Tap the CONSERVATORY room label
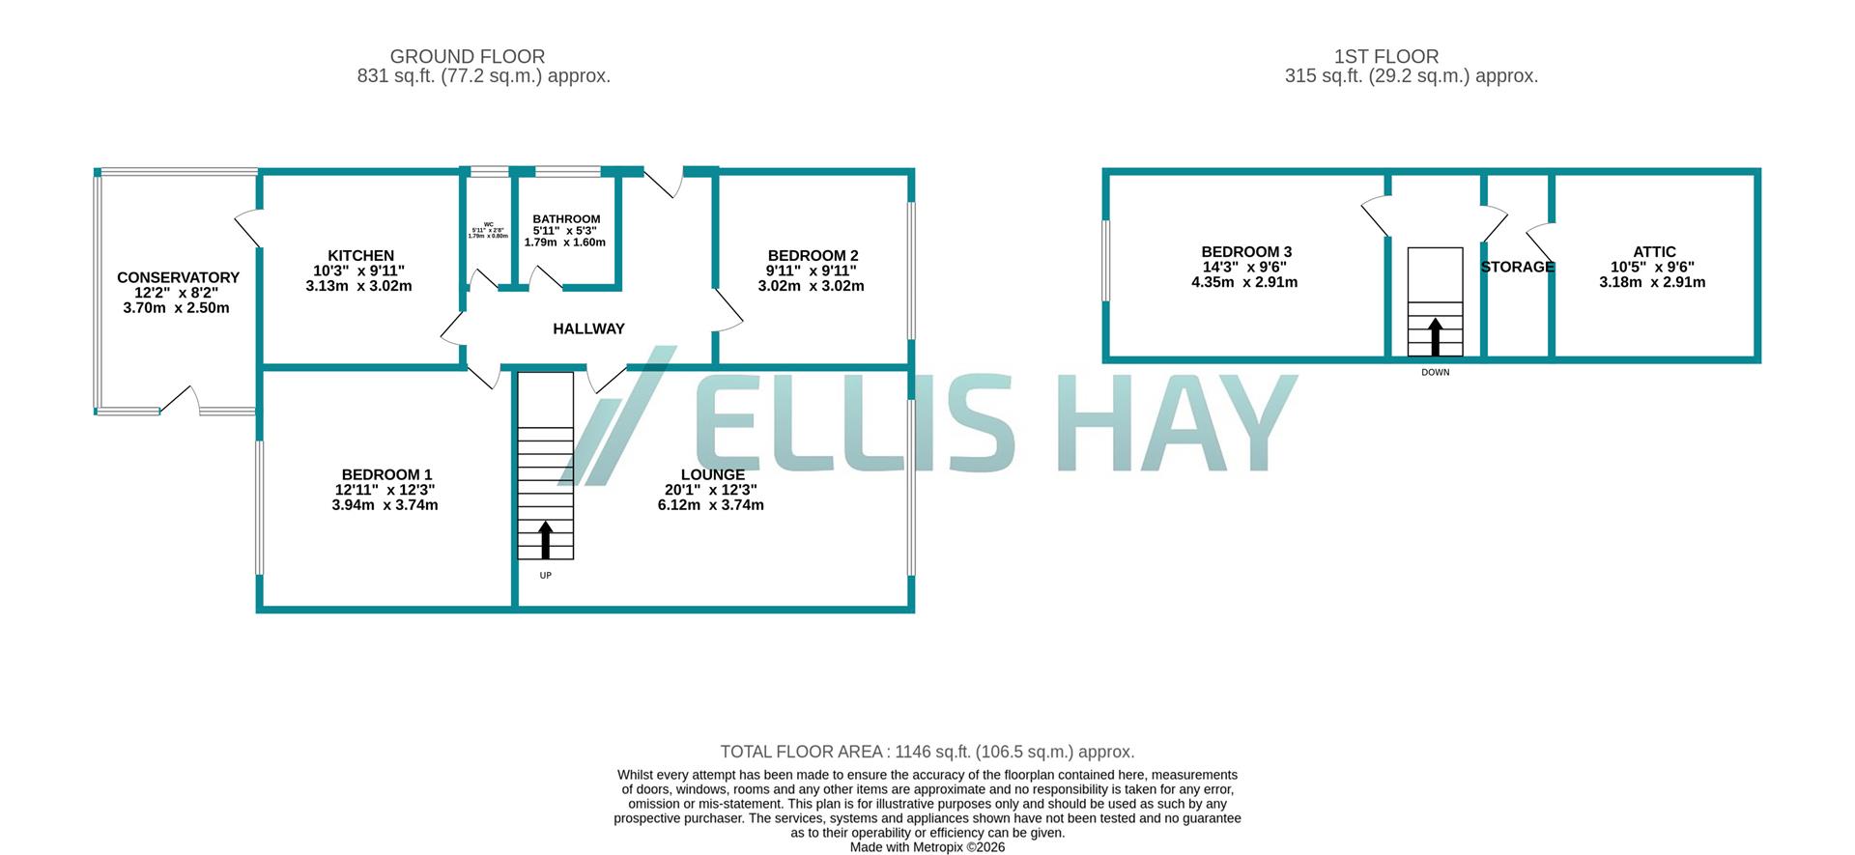point(178,277)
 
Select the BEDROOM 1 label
point(386,474)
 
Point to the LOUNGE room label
point(712,474)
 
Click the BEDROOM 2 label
point(813,256)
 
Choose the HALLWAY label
point(588,328)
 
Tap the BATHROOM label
point(566,219)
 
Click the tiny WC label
point(489,224)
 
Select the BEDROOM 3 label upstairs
point(1246,252)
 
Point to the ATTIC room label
point(1654,252)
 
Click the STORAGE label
point(1517,267)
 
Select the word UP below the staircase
point(545,576)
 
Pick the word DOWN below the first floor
point(1435,372)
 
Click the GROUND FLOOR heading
point(467,57)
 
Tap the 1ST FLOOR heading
point(1385,57)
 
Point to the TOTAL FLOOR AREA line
point(927,752)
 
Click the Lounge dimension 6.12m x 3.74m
point(710,505)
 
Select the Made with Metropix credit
point(927,847)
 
